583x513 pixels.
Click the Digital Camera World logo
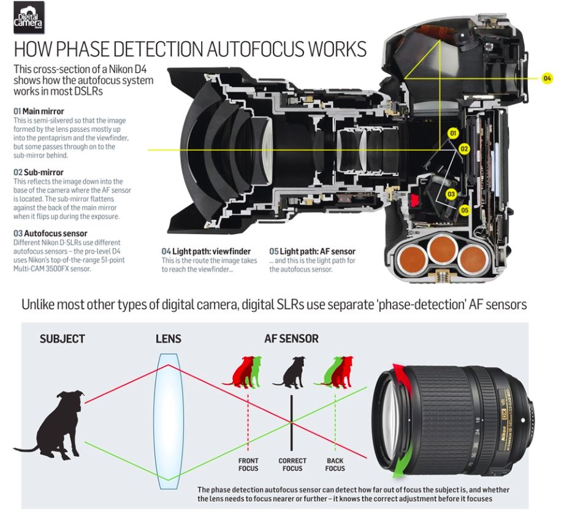pyautogui.click(x=29, y=17)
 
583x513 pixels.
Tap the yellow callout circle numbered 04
pyautogui.click(x=547, y=78)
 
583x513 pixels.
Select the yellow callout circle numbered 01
pyautogui.click(x=453, y=133)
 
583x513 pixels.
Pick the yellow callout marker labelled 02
pyautogui.click(x=464, y=149)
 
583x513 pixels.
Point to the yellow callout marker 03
pyautogui.click(x=451, y=194)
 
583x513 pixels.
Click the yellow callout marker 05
pyautogui.click(x=465, y=210)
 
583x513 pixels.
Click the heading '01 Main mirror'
pyautogui.click(x=39, y=111)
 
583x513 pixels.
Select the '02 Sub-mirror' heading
pyautogui.click(x=38, y=172)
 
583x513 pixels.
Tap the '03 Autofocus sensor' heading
pyautogui.click(x=50, y=234)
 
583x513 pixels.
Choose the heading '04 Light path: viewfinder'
pyautogui.click(x=206, y=251)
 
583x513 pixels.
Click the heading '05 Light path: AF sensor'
pyautogui.click(x=312, y=251)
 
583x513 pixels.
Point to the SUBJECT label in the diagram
pyautogui.click(x=63, y=339)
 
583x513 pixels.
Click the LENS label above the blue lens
pyautogui.click(x=169, y=339)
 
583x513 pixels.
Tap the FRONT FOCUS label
pyautogui.click(x=248, y=465)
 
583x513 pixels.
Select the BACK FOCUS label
pyautogui.click(x=335, y=465)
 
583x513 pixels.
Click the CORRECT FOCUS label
pyautogui.click(x=292, y=465)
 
